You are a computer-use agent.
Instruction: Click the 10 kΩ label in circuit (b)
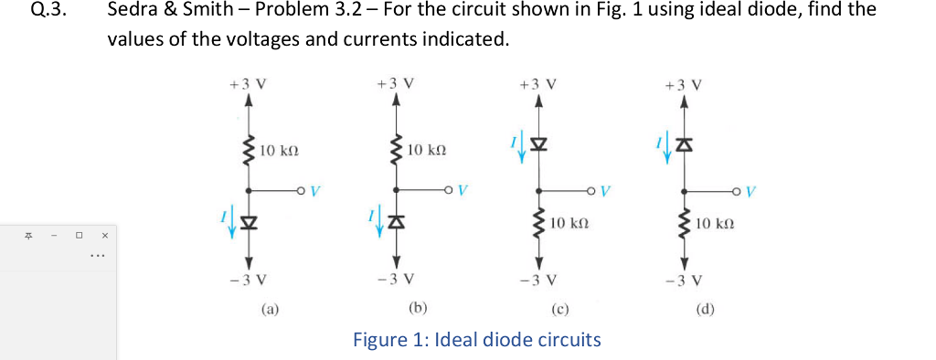click(x=427, y=148)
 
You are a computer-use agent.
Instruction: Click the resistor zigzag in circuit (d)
click(x=686, y=222)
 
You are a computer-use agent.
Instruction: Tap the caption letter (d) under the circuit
click(x=704, y=310)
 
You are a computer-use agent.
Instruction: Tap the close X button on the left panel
click(x=104, y=235)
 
